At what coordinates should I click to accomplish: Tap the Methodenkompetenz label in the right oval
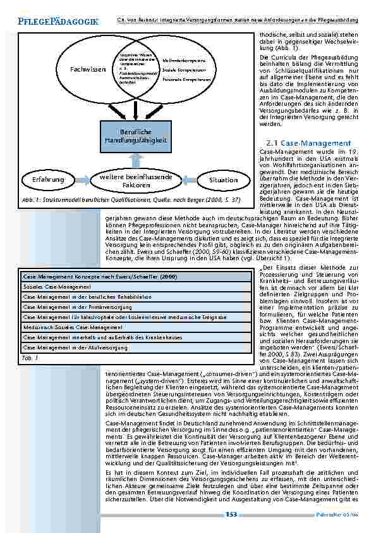tap(184, 60)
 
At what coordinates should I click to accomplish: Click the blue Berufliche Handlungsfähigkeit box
tap(135, 135)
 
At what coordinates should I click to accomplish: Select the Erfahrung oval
tap(49, 180)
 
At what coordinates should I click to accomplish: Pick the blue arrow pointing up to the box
tap(135, 160)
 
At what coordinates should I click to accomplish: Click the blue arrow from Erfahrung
tap(83, 180)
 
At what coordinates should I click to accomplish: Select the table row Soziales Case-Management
tap(54, 287)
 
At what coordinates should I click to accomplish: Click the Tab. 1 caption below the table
tap(30, 358)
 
